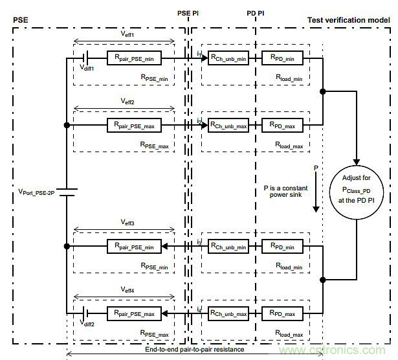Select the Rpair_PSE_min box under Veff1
[134, 58]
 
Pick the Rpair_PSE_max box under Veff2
[134, 126]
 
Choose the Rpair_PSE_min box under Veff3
[134, 247]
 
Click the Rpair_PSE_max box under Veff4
[134, 314]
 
